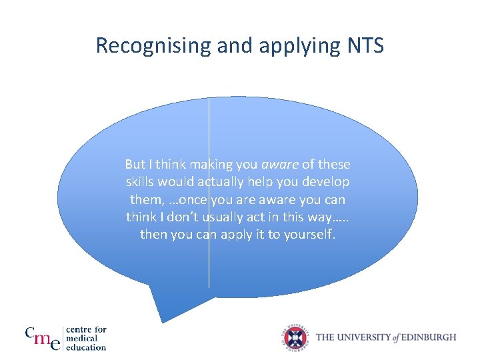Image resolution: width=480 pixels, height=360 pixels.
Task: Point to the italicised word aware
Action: click(x=280, y=165)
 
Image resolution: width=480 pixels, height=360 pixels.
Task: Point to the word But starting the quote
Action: click(x=135, y=165)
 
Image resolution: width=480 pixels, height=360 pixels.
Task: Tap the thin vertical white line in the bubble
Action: click(x=209, y=267)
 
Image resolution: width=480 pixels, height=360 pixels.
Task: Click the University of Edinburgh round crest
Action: click(x=295, y=337)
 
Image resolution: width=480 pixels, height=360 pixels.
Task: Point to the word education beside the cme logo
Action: click(x=87, y=347)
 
